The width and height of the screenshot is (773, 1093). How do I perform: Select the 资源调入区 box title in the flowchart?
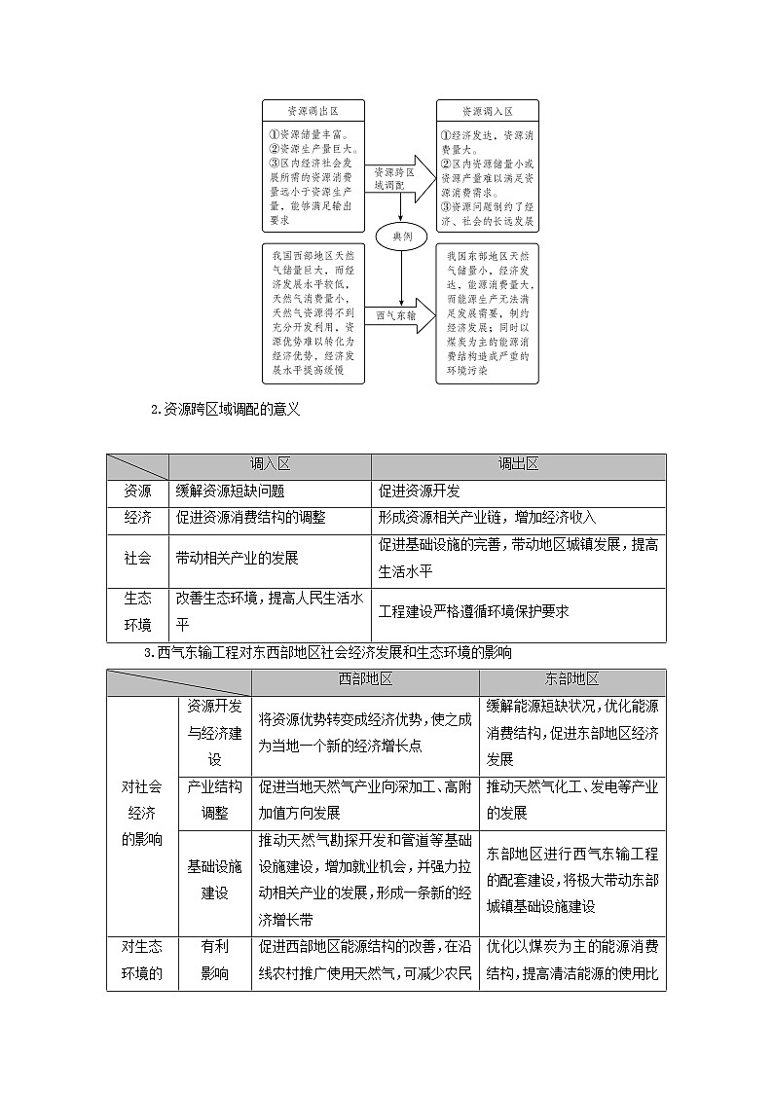(x=487, y=111)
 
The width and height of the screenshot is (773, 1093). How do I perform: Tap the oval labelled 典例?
(x=401, y=237)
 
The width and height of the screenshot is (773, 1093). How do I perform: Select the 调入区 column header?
(x=270, y=465)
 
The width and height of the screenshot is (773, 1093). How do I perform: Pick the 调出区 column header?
(x=518, y=465)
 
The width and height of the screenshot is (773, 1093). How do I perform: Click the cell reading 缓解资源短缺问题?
(x=231, y=492)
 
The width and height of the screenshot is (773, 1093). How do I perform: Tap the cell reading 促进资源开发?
(x=420, y=492)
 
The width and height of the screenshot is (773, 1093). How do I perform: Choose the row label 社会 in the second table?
(x=137, y=559)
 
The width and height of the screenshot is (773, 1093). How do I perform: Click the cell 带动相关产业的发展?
(x=238, y=559)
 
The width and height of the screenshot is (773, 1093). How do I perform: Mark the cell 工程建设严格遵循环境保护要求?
(x=473, y=611)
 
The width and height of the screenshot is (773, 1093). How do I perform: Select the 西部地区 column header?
(x=365, y=680)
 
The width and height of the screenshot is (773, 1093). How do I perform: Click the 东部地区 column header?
(x=572, y=680)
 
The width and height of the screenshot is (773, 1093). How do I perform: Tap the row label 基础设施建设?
(x=214, y=879)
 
